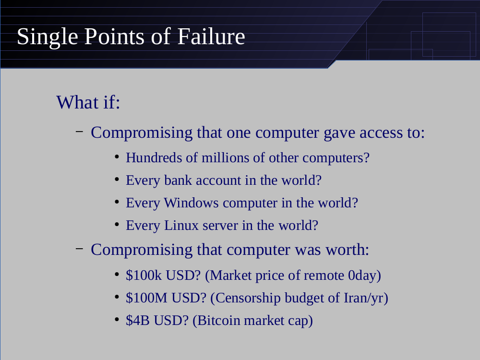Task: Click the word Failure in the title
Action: coord(211,36)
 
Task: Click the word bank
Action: coord(178,180)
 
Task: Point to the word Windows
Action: coord(192,203)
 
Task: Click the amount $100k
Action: coord(144,275)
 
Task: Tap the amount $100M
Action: coord(146,298)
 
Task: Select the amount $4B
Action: coord(138,321)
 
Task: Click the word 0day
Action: coord(362,276)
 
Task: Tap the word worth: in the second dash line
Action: coord(348,250)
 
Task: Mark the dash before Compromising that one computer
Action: coord(79,132)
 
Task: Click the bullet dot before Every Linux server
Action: coord(117,225)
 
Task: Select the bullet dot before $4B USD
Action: coord(117,320)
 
